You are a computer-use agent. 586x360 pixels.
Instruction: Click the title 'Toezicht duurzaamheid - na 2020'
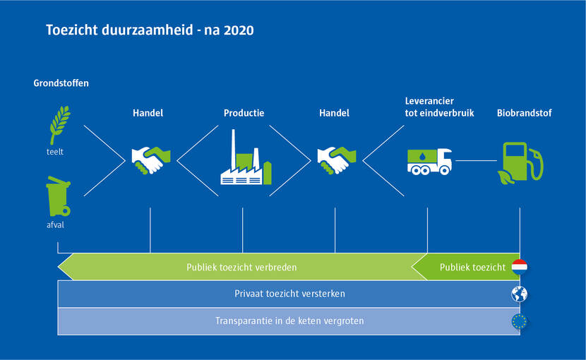click(x=150, y=30)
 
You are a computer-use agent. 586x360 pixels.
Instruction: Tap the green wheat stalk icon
click(x=60, y=125)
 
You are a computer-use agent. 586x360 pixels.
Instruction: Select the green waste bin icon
click(x=59, y=196)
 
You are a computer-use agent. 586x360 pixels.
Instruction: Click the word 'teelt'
click(x=55, y=152)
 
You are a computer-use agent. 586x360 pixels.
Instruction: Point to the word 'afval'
click(x=55, y=224)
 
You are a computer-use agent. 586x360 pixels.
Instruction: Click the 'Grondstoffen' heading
click(x=61, y=83)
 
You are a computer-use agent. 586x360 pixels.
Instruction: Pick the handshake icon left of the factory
click(x=151, y=160)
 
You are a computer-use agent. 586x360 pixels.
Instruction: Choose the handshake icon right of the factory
click(x=337, y=160)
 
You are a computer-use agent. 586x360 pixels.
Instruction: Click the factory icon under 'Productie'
click(x=246, y=157)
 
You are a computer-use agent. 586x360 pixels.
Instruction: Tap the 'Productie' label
click(x=244, y=113)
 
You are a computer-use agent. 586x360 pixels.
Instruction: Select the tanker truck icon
click(x=429, y=162)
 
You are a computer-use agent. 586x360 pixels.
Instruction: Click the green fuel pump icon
click(x=520, y=163)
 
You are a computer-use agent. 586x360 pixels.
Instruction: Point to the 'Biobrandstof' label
click(x=524, y=113)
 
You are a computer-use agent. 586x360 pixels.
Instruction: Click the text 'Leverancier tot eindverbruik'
click(x=439, y=107)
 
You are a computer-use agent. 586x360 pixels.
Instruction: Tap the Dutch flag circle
click(x=520, y=267)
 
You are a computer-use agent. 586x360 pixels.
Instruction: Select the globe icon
click(x=520, y=294)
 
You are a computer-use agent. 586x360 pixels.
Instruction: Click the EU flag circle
click(x=520, y=321)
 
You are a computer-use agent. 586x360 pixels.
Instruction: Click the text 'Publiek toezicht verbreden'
click(x=241, y=268)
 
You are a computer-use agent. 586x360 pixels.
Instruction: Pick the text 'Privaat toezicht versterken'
click(x=289, y=294)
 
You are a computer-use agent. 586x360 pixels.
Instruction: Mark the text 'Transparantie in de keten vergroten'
click(x=289, y=320)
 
